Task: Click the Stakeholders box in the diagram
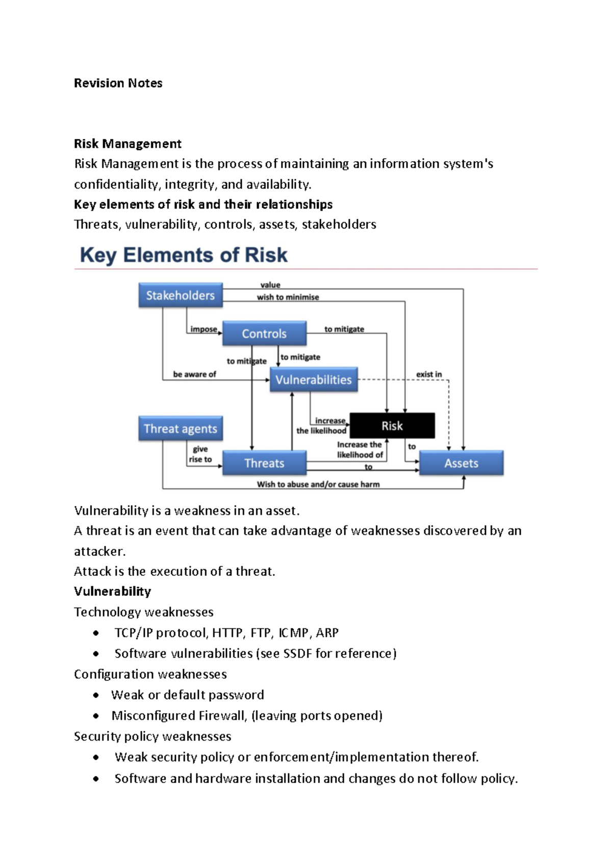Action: pos(180,295)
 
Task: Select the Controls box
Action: pos(264,334)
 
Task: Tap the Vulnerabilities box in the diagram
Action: pos(313,379)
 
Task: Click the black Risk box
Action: pos(392,426)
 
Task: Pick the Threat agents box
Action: pos(180,428)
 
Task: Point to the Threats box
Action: pos(264,463)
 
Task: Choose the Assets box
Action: pos(461,463)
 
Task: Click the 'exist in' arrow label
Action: pos(429,374)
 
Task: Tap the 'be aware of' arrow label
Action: pos(194,374)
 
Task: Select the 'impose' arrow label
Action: pos(203,329)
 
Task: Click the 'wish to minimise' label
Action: pos(288,297)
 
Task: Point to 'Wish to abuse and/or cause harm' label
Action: pos(318,484)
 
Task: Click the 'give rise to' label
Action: pos(200,454)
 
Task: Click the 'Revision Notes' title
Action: pos(118,83)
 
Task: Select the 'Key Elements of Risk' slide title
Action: pos(184,255)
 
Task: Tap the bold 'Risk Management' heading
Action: pos(127,144)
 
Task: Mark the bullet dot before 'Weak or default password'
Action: pos(96,695)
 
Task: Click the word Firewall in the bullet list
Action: pos(221,716)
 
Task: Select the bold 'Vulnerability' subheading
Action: pos(112,591)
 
